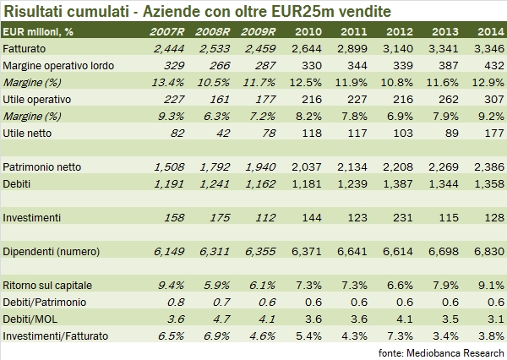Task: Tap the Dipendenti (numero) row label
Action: tap(52, 250)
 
